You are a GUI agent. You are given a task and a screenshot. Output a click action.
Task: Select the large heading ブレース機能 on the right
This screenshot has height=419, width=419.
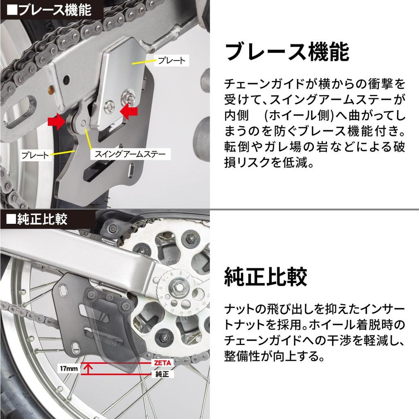point(287,52)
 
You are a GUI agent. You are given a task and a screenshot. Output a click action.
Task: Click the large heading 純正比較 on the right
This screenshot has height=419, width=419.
point(266,277)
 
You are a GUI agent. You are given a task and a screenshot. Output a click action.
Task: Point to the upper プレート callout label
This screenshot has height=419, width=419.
point(172,61)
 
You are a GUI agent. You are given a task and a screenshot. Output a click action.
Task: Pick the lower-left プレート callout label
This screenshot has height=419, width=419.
point(35,155)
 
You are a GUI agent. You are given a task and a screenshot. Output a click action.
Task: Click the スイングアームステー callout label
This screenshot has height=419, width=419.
point(131,154)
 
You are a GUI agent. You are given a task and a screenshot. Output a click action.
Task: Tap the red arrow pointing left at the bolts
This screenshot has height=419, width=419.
point(129,111)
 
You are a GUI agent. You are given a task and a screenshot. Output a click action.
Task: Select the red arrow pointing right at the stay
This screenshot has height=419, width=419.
point(56,122)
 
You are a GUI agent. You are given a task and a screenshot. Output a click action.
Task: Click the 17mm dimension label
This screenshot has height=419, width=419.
point(69,369)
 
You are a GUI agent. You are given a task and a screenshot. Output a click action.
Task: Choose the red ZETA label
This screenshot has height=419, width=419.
point(162,363)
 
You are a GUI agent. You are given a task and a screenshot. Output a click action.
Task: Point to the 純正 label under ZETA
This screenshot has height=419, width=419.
point(162,374)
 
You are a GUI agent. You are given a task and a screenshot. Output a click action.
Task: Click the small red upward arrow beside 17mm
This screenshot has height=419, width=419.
point(88,369)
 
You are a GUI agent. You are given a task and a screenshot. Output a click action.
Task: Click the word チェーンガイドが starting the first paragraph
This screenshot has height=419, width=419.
point(268,84)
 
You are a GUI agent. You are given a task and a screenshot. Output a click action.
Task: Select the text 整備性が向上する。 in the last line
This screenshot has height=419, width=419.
point(275,356)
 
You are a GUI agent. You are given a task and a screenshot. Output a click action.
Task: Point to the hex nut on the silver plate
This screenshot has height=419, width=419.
point(127,96)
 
